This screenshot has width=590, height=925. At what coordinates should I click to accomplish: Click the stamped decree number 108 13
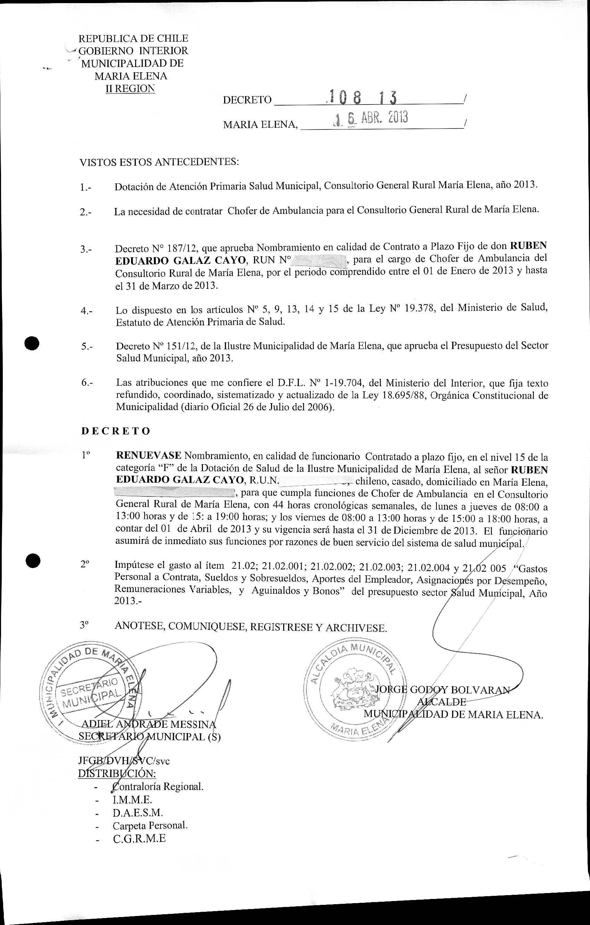pos(361,98)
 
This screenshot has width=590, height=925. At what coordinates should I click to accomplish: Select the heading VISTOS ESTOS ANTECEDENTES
pos(159,162)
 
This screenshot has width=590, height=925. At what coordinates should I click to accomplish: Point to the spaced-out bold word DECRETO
pos(116,431)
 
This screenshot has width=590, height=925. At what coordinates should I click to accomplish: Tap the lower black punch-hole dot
pos(33,561)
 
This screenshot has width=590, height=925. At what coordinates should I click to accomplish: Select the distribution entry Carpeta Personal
pos(150,825)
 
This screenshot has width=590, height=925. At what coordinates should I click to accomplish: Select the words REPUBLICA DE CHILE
pos(133,39)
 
